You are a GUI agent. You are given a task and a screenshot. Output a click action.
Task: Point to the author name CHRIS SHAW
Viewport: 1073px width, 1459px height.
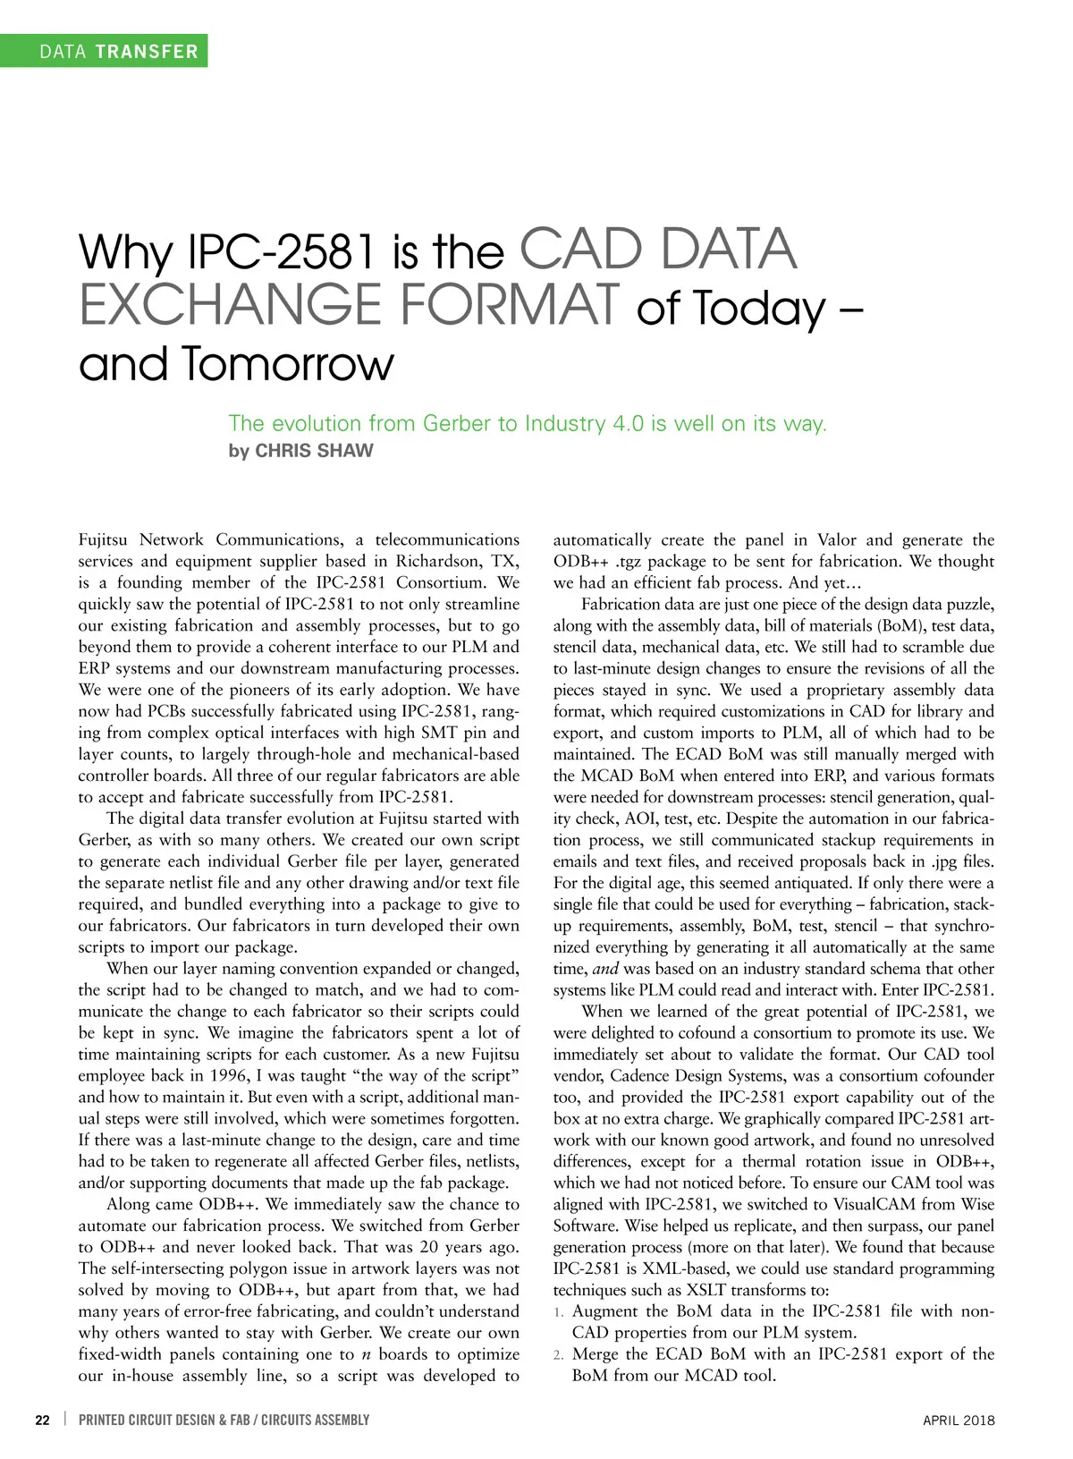point(314,451)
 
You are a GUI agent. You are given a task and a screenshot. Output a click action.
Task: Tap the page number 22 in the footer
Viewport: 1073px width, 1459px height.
point(42,1420)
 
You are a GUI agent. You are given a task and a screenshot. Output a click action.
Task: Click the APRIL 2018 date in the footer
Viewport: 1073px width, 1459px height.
point(958,1421)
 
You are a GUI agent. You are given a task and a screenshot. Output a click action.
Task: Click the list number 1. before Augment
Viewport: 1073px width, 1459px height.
point(558,1311)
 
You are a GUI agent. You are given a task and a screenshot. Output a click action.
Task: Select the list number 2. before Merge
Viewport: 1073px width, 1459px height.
point(558,1354)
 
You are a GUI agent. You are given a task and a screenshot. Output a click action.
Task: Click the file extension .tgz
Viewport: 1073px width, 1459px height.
point(625,561)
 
